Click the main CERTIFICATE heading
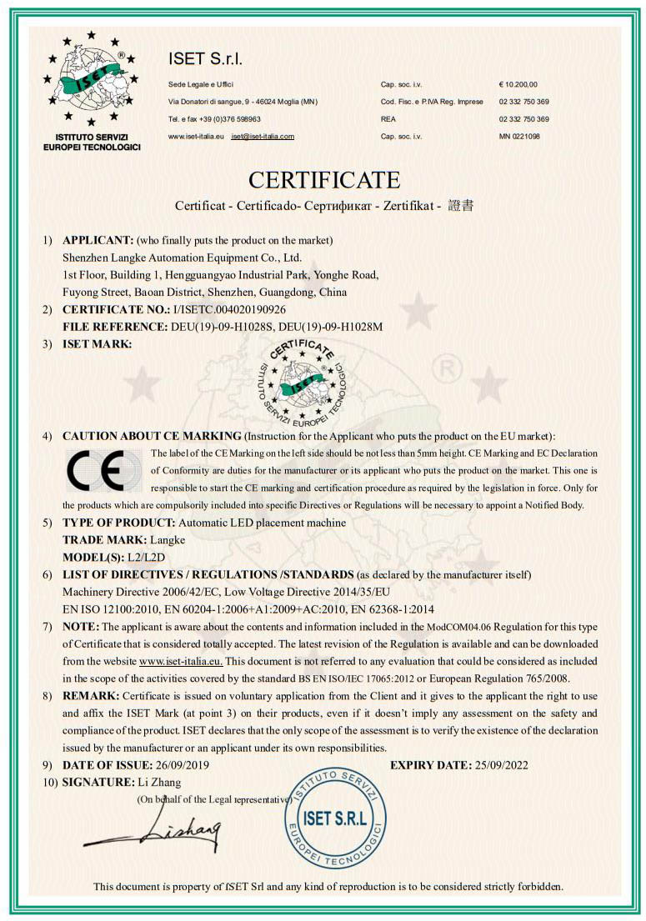[x=324, y=179]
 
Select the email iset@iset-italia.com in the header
[x=263, y=136]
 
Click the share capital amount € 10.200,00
[x=518, y=85]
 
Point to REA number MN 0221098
[x=519, y=136]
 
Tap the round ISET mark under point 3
[x=302, y=377]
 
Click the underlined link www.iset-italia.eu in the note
[x=181, y=661]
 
